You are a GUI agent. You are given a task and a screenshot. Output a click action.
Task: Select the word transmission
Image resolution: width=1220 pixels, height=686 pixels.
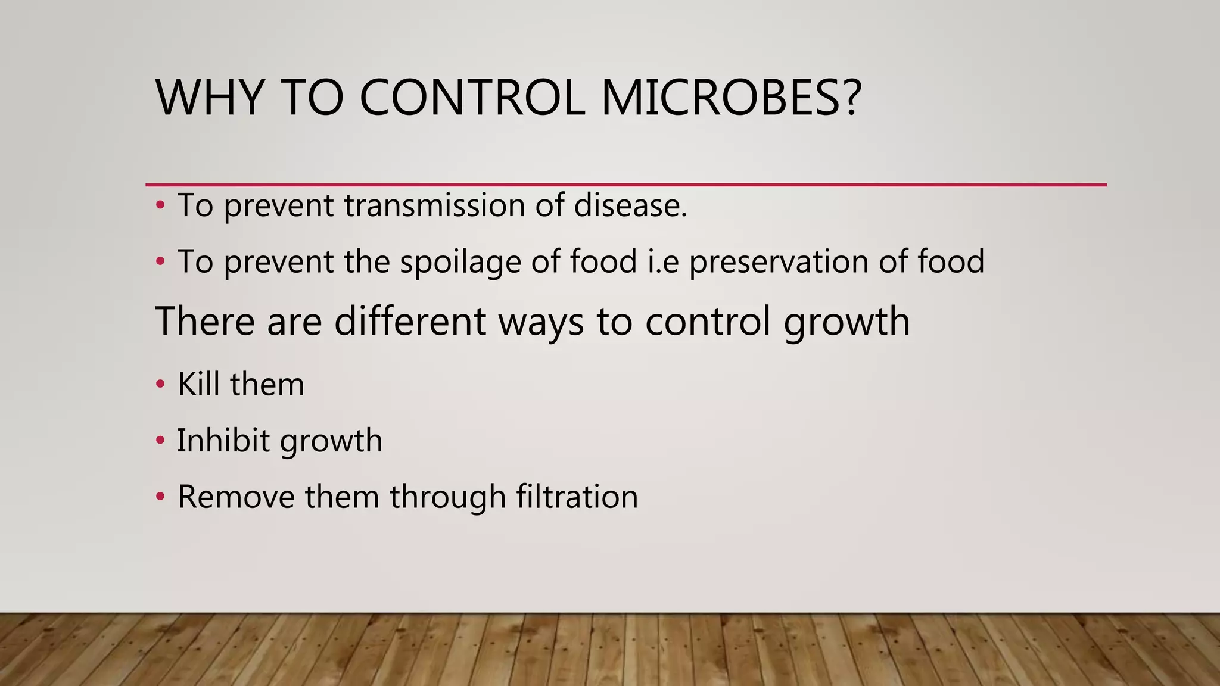(x=434, y=205)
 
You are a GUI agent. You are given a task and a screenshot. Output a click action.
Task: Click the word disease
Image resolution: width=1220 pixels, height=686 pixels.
(x=630, y=205)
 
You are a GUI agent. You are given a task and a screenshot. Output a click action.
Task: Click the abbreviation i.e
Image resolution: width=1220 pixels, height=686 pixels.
(x=663, y=262)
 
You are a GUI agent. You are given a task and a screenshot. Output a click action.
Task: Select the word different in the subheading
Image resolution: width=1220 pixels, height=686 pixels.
(x=410, y=322)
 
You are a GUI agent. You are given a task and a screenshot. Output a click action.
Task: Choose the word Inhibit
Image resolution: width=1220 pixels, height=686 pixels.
(x=223, y=441)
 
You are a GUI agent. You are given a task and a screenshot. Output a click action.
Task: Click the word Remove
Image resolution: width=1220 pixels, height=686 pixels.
(x=236, y=497)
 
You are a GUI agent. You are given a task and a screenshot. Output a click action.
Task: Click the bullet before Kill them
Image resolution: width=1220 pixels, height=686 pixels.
(x=160, y=385)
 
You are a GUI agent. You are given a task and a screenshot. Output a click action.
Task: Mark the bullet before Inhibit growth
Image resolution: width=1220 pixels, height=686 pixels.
(x=160, y=441)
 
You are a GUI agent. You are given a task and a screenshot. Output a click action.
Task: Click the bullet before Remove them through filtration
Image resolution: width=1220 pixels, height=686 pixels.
(x=160, y=497)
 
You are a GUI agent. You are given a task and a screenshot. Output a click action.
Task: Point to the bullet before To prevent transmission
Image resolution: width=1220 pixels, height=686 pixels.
(x=160, y=206)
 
